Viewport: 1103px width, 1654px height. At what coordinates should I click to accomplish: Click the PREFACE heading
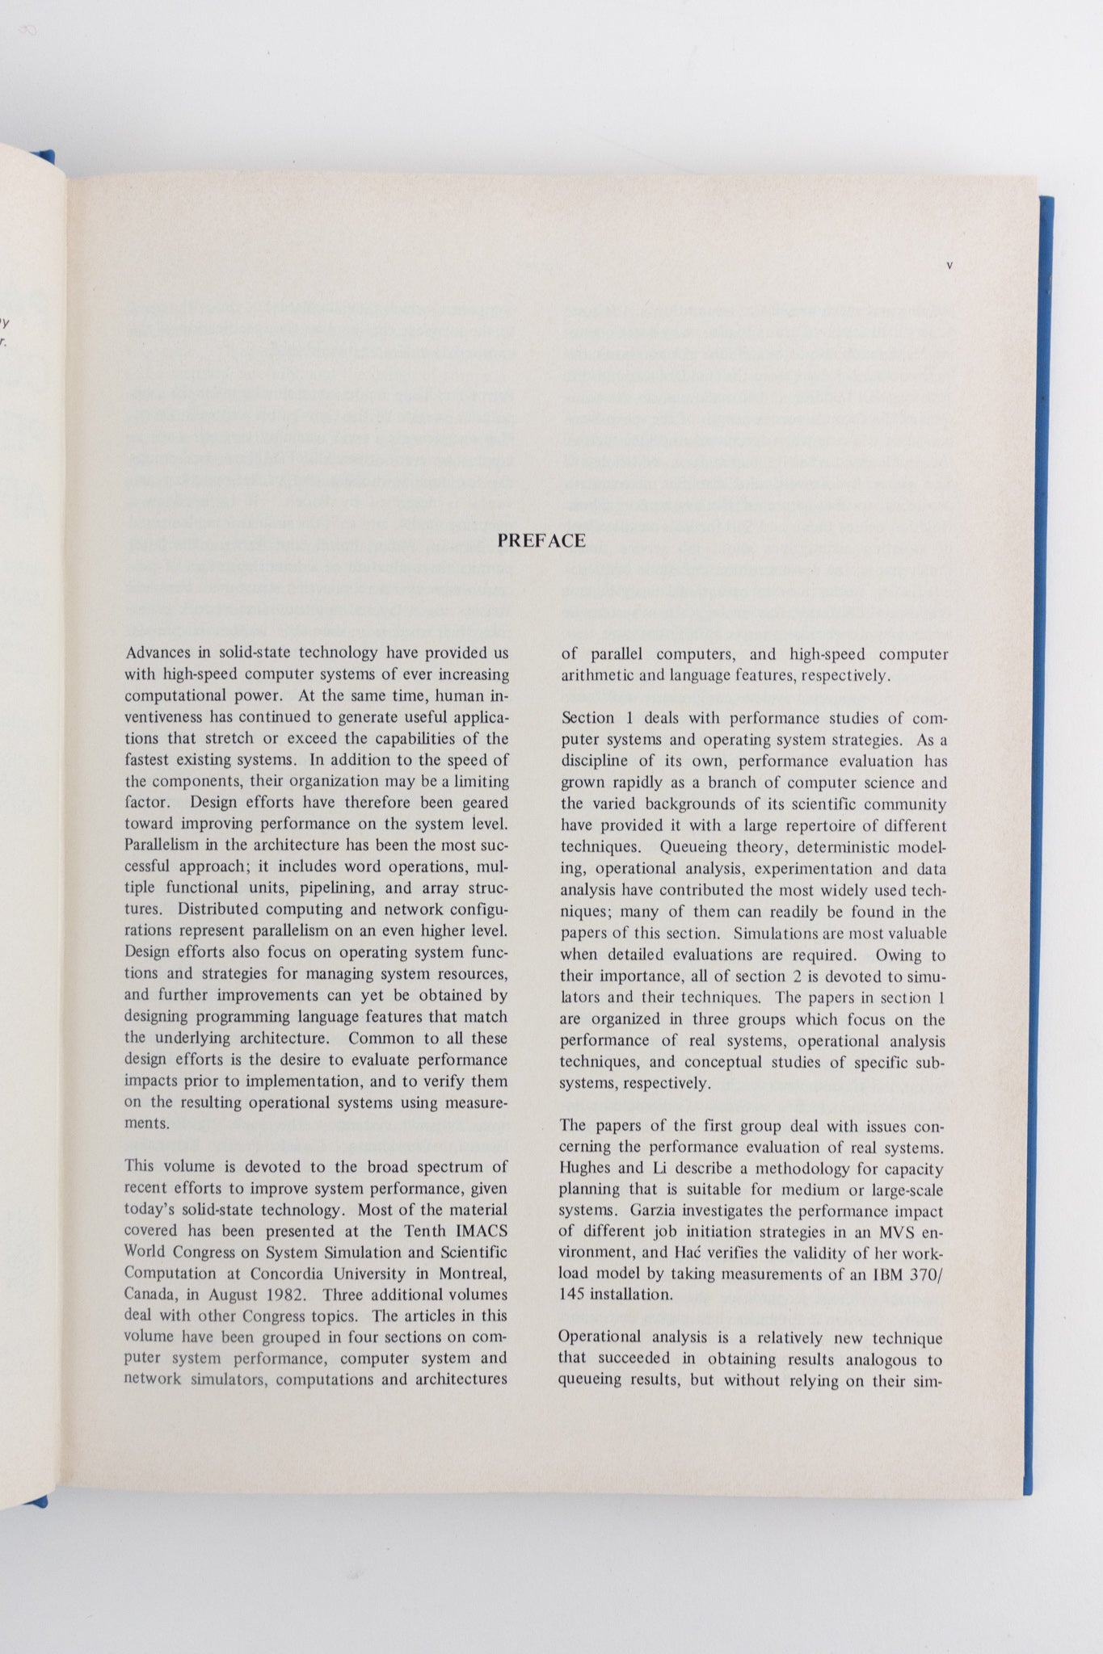[x=541, y=541]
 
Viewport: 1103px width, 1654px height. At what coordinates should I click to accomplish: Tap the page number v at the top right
[x=949, y=265]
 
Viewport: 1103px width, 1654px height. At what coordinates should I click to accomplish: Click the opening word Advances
[x=158, y=653]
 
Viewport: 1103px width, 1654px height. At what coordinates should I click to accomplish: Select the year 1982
[x=284, y=1295]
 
